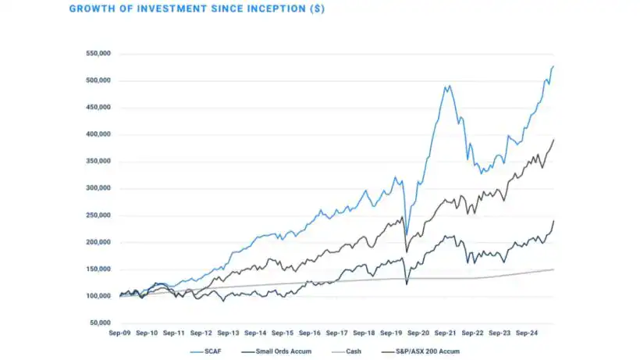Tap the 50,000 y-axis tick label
[x=101, y=323]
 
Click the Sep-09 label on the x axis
[x=120, y=332]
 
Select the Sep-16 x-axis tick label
[x=310, y=332]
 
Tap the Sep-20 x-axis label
[x=418, y=332]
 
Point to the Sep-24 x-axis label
[x=527, y=332]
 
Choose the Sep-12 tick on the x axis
[x=201, y=332]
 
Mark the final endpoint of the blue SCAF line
[x=553, y=66]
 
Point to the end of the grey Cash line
[x=553, y=269]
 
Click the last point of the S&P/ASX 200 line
[x=553, y=140]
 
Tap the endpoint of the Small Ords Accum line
[x=553, y=221]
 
